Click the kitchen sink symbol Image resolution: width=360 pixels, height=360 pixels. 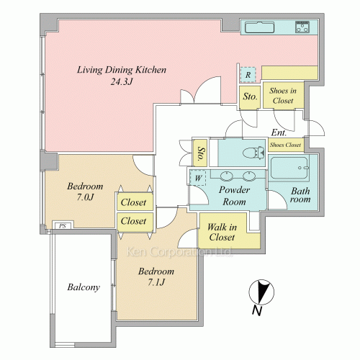pos(259,27)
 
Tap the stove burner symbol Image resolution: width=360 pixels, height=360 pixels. pos(302,27)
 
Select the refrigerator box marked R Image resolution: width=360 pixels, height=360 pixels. pos(248,75)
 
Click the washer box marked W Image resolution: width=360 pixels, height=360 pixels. pos(198,178)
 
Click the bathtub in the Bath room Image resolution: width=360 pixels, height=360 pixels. pos(289,168)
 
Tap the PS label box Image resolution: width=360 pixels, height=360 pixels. pos(63,226)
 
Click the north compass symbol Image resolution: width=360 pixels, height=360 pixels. pos(261,292)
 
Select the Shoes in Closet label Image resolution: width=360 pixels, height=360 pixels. pos(283,96)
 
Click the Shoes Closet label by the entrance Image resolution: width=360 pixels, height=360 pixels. pos(285,145)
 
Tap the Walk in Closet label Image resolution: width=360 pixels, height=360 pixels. pos(222,232)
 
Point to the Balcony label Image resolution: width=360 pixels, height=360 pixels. pos(84,287)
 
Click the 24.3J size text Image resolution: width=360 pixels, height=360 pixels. pos(122,82)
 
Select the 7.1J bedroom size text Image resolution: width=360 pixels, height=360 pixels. pos(156,282)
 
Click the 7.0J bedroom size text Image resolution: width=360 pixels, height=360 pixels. pos(85,197)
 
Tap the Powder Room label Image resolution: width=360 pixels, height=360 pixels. pos(234,196)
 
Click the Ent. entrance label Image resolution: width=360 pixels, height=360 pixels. pos(279,132)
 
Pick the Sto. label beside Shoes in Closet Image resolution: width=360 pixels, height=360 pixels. pos(250,96)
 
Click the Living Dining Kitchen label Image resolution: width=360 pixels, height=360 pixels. pos(122,70)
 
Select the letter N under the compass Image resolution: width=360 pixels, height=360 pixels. pos(257,311)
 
